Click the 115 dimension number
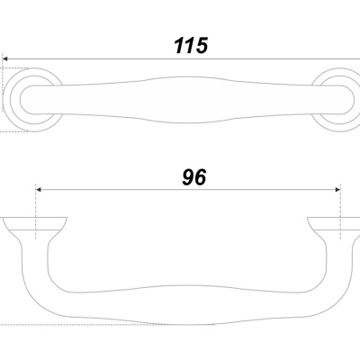(191, 46)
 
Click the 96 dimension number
(194, 177)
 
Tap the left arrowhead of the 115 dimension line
(4, 59)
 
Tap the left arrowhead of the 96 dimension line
(38, 190)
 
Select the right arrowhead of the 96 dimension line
(337, 190)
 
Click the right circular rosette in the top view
(348, 100)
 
